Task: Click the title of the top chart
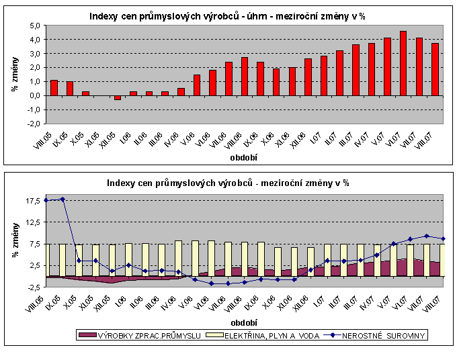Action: click(x=229, y=16)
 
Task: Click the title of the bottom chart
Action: click(x=229, y=183)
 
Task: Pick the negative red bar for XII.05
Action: click(x=118, y=97)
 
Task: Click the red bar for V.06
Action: click(x=197, y=85)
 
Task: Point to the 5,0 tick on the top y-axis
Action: click(x=33, y=26)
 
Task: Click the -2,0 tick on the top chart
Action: click(x=32, y=124)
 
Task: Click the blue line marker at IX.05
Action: click(x=63, y=199)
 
